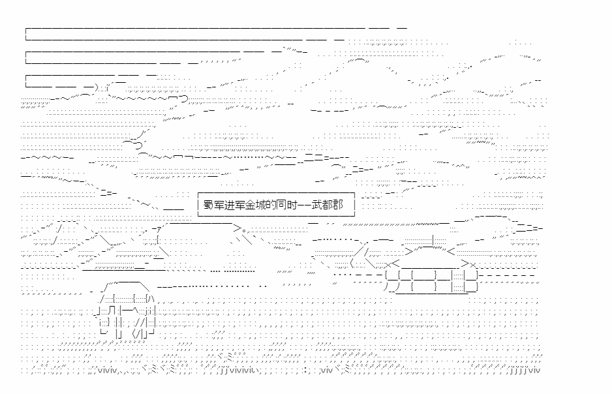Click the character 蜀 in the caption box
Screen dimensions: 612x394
(208, 205)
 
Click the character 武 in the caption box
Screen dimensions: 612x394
(317, 205)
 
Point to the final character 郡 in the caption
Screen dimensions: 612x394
(338, 205)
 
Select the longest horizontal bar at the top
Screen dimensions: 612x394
(216, 34)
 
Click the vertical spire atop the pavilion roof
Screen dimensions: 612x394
(433, 240)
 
